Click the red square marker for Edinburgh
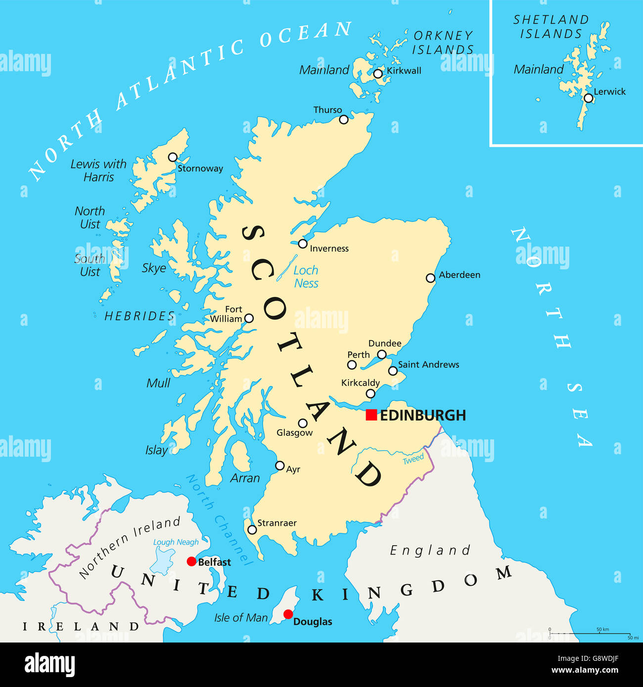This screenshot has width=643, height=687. coord(371,415)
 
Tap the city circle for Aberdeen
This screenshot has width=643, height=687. coord(430,278)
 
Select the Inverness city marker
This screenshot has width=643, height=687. coord(303,244)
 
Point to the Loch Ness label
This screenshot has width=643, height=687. coord(306,277)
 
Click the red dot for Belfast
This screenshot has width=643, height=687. coord(191,561)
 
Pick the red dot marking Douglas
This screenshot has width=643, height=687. coord(288,614)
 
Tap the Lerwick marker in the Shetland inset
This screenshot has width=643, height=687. coord(588,98)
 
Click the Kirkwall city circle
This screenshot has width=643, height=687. coord(378,74)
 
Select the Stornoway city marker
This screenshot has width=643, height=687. coord(173,157)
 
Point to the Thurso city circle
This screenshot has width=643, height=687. coord(344,119)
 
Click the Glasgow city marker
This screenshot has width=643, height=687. coord(303,423)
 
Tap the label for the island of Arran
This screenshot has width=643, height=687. coord(245,478)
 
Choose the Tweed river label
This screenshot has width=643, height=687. coord(413,459)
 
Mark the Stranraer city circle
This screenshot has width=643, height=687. coord(252,530)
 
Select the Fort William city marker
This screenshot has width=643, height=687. coord(249,318)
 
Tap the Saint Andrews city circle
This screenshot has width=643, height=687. coord(393,371)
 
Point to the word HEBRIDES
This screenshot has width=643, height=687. coord(139,316)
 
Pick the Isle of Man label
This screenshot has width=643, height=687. coord(241,618)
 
